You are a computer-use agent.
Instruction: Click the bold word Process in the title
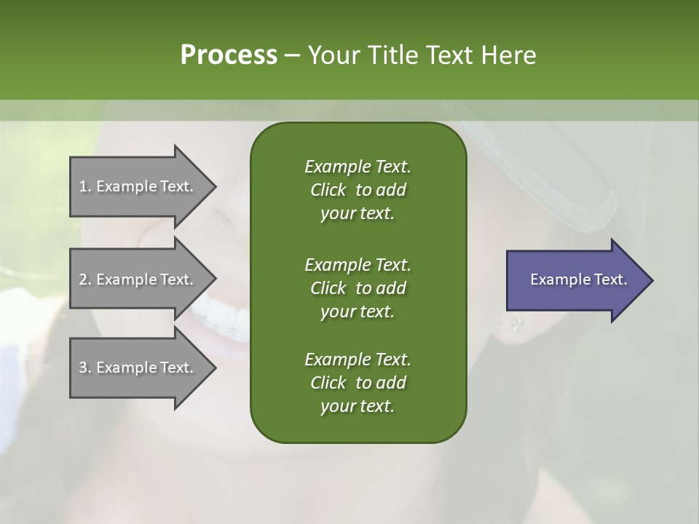click(229, 55)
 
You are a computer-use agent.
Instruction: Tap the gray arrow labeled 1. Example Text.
click(138, 186)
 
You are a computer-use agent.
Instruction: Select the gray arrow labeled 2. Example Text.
click(138, 279)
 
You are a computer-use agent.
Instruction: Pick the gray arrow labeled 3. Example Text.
click(138, 368)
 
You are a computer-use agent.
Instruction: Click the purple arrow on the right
click(575, 280)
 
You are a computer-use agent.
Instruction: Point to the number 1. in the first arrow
click(85, 186)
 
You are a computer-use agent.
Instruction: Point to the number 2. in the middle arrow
click(85, 279)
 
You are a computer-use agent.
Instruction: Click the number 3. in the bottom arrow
click(85, 368)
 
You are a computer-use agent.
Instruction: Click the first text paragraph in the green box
click(358, 190)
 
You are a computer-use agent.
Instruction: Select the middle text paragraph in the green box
click(358, 287)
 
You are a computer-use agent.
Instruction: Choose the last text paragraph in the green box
click(358, 383)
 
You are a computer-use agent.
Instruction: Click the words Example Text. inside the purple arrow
click(579, 279)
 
